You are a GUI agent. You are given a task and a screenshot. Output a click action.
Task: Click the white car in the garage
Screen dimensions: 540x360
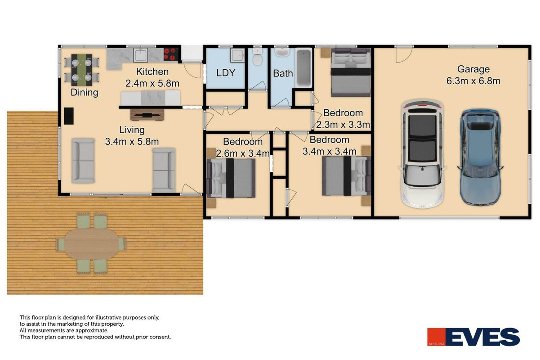coord(422,154)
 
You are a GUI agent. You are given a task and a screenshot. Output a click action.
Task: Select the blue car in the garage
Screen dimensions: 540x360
coord(480,157)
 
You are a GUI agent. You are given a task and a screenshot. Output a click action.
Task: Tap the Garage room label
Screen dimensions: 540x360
coord(473,69)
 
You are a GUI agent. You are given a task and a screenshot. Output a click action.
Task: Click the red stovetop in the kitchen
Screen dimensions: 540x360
coord(171,54)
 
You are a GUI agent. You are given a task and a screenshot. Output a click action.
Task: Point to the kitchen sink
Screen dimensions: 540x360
coord(141,55)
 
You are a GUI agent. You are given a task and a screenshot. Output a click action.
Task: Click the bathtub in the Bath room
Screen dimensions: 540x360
coord(304,68)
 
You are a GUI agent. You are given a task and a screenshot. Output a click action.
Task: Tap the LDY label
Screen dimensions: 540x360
coord(226,73)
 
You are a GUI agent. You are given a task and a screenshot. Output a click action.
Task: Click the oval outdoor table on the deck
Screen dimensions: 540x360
coord(91,244)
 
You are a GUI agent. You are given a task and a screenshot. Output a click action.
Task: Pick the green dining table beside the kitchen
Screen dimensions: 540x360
coord(82,70)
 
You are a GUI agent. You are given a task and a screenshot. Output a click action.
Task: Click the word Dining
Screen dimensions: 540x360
coord(85,92)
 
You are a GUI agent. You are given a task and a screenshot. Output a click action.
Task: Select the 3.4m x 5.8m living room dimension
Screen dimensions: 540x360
coord(132,141)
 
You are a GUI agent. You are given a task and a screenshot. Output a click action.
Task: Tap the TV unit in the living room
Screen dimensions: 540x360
coord(147,115)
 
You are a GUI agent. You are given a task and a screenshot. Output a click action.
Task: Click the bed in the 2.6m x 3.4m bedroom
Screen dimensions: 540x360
coord(231,178)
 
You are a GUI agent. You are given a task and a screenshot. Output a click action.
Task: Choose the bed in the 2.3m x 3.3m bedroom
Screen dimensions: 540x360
coord(351,72)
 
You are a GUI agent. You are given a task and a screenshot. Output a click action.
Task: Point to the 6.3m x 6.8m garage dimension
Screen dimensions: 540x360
coord(473,81)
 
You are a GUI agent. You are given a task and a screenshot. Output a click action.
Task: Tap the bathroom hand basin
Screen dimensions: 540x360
coord(282,52)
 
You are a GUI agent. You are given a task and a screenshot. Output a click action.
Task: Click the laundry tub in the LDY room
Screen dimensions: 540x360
coord(237,55)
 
